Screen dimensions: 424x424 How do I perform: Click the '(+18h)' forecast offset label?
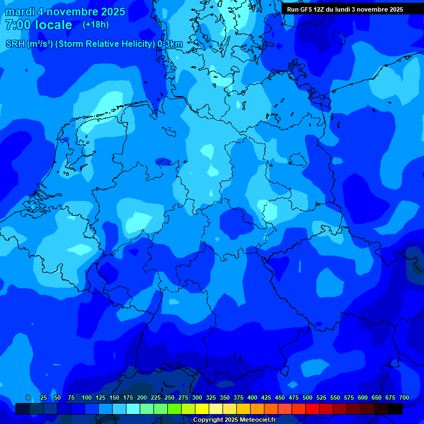[96, 25]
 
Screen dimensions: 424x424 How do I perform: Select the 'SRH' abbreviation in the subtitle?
[15, 44]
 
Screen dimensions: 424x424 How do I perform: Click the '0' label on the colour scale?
[28, 397]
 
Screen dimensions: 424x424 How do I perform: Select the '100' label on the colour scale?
[87, 397]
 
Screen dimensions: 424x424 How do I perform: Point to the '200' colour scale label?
[142, 397]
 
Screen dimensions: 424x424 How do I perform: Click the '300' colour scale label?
[197, 397]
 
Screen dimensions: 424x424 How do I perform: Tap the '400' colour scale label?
[252, 397]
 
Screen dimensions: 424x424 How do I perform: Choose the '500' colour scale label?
[308, 397]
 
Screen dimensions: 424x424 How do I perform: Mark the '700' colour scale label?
[404, 397]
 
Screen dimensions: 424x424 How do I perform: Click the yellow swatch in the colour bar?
[202, 409]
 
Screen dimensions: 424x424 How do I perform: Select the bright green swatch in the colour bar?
[174, 409]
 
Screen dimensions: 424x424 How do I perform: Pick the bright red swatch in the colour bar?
[312, 409]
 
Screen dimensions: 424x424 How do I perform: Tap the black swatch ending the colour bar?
[395, 409]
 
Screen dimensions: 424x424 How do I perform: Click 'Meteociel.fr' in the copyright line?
[257, 420]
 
